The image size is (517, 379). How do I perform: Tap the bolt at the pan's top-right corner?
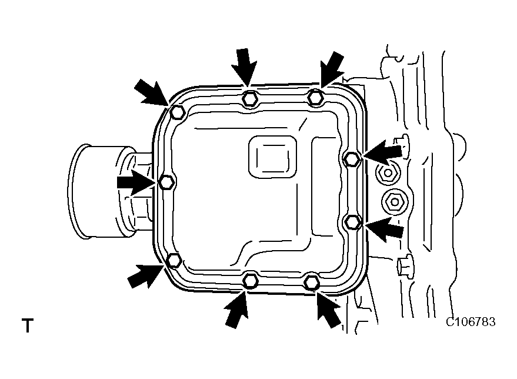(x=316, y=97)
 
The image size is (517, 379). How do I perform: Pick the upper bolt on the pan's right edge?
(x=351, y=158)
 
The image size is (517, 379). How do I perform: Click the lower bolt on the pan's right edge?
(x=352, y=221)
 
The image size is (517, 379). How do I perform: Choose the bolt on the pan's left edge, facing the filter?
(x=166, y=182)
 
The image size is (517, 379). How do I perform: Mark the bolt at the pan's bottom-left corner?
(x=174, y=260)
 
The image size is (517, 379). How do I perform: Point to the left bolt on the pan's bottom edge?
(x=250, y=280)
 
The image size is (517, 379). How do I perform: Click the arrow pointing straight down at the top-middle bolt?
(x=246, y=65)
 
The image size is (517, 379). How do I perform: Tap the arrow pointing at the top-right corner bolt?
(x=333, y=67)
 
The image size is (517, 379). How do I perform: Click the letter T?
(x=27, y=325)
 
